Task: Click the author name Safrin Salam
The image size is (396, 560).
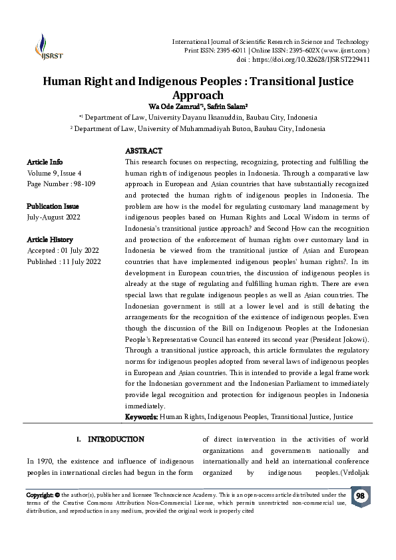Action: coord(226,106)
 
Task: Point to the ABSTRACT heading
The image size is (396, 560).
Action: coord(143,151)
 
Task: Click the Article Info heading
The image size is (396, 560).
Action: coord(45,162)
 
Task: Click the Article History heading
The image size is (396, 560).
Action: coord(50,239)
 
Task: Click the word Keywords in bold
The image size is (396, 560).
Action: coord(141,416)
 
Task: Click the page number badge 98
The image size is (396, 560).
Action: coord(360,497)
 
